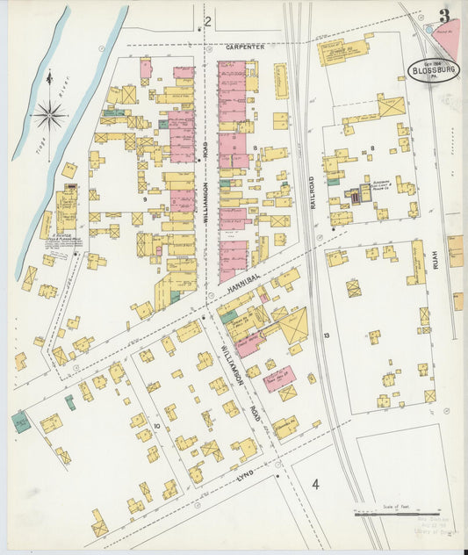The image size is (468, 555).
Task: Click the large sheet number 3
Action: [x=446, y=15]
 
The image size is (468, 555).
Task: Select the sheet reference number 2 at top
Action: [x=208, y=21]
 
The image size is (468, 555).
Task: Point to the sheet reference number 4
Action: [x=315, y=484]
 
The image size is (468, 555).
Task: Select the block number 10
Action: [x=157, y=427]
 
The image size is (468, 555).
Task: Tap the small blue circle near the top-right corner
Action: [x=430, y=26]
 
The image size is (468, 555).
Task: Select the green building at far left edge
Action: [x=20, y=422]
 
